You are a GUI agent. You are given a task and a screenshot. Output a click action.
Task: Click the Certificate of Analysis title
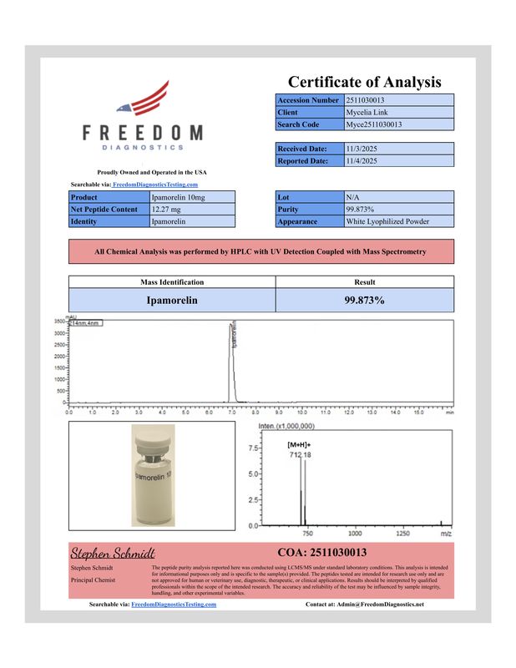pyautogui.click(x=364, y=82)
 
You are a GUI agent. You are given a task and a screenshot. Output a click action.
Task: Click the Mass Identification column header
pyautogui.click(x=171, y=282)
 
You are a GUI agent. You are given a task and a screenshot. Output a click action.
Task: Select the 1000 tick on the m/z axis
pyautogui.click(x=354, y=532)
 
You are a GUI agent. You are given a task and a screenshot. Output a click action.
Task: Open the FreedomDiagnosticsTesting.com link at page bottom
pyautogui.click(x=175, y=604)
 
